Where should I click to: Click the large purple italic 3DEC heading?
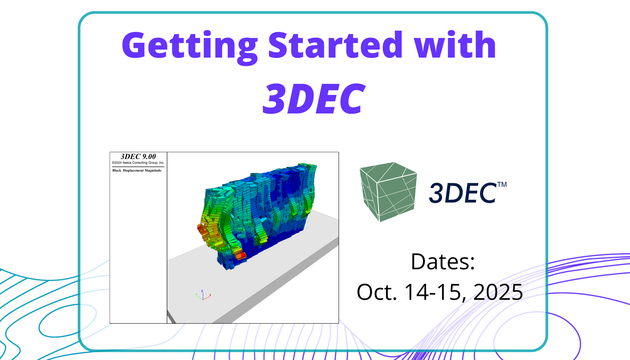point(314,98)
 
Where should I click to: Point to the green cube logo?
point(388,192)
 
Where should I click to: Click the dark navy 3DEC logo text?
point(463,193)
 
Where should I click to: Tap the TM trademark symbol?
point(502,185)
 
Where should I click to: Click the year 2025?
point(498,292)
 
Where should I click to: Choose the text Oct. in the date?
point(377,292)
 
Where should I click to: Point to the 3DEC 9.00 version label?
point(138,156)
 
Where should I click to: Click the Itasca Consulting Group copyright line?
point(138,163)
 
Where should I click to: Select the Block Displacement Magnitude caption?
point(137,170)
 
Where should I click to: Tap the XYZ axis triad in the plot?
point(203,295)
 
